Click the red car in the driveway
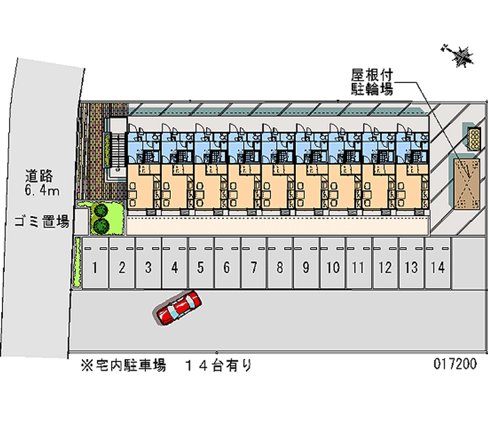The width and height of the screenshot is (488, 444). coord(178,307)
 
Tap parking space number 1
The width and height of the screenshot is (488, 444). coord(96,267)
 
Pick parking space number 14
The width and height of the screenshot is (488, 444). coord(437,267)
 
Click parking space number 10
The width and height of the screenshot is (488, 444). coord(332,267)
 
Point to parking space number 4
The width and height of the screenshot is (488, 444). coord(174,267)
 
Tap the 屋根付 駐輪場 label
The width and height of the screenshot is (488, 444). coord(371,82)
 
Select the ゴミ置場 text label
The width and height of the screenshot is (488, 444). coord(41,222)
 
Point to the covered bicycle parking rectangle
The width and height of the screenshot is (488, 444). coord(467,182)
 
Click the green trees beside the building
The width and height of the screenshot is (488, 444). coord(101,219)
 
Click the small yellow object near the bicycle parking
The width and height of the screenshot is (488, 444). coord(473,139)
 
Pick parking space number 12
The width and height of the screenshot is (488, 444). coord(385,267)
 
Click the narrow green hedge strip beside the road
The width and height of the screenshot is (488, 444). coord(77,263)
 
